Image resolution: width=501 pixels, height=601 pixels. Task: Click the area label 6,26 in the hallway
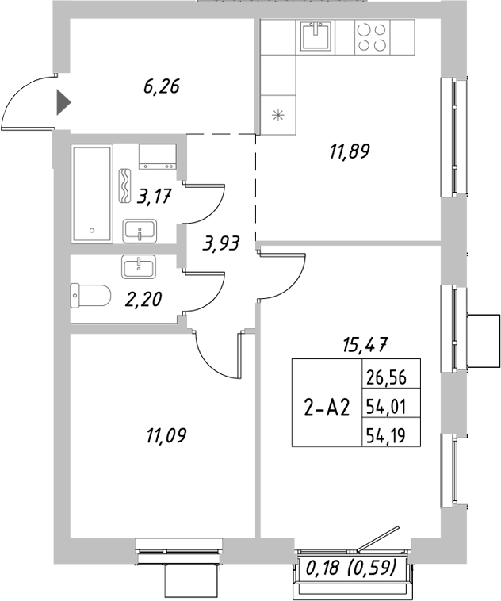[x=162, y=86]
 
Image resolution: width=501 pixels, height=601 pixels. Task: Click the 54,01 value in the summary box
[x=390, y=408]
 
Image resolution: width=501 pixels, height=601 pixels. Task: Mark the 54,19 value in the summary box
[x=390, y=434]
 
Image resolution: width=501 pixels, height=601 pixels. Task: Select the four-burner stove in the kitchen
[x=372, y=36]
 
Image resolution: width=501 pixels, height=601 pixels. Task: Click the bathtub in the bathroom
[x=93, y=193]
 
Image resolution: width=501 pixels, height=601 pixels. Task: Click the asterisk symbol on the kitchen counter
[x=277, y=114]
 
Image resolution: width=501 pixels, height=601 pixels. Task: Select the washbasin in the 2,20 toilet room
[x=139, y=266]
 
